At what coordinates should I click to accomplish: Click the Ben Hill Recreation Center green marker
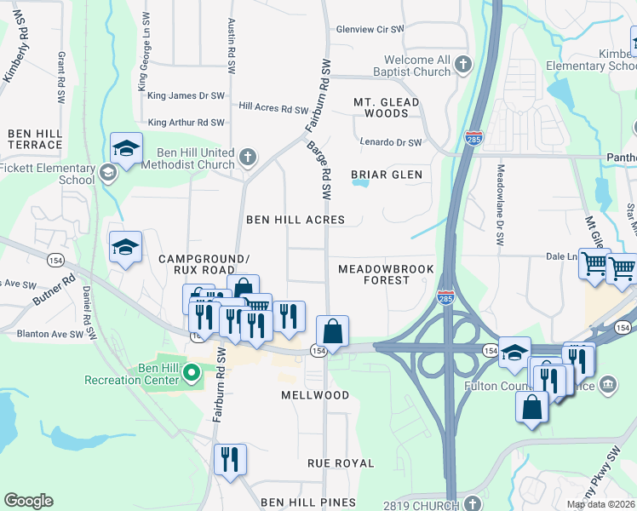tap(192, 372)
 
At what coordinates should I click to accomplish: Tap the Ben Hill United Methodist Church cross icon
tap(247, 157)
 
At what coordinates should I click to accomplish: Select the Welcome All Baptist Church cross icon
tap(462, 65)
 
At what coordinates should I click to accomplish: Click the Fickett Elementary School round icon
tap(107, 174)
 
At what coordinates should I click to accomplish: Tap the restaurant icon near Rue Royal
tap(229, 461)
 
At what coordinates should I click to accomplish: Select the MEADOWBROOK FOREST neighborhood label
tap(386, 274)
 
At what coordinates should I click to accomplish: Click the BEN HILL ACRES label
tap(296, 220)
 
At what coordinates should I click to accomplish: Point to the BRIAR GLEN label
tap(387, 175)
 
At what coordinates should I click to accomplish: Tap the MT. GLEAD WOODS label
tap(387, 107)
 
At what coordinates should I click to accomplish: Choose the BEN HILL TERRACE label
tap(35, 140)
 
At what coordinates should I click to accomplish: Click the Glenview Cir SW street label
tap(370, 29)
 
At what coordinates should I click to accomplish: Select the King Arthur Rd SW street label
tap(187, 123)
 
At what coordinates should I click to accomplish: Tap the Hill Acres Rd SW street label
tap(273, 108)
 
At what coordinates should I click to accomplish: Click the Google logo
tap(28, 501)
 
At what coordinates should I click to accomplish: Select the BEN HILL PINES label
tap(308, 503)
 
